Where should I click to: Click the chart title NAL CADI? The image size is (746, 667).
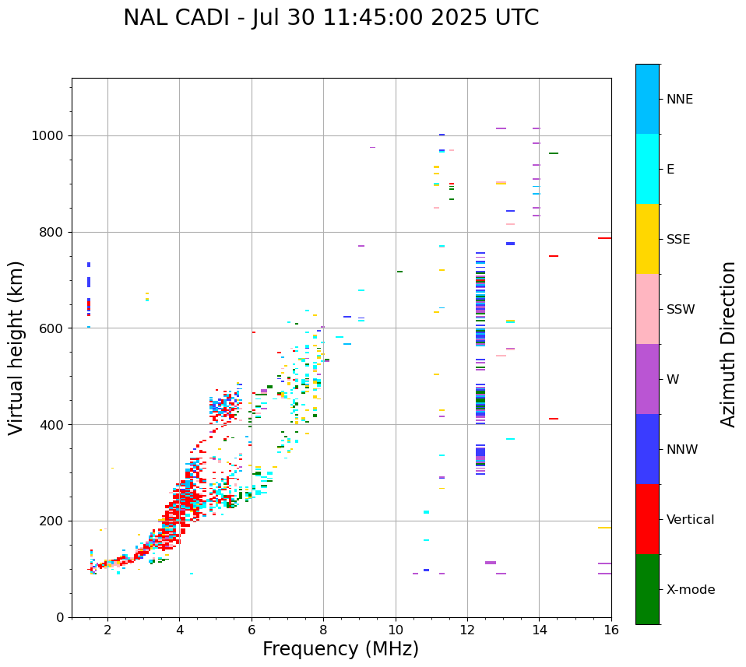tap(331, 18)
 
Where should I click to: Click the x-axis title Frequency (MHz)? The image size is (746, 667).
tap(340, 649)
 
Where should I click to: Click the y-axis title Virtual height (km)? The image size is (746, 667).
tap(16, 348)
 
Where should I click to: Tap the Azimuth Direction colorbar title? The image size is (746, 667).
tap(728, 344)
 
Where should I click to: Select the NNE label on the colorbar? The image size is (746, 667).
tap(679, 100)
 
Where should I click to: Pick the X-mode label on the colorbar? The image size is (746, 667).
tap(691, 590)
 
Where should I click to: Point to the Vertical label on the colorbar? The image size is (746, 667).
tap(690, 520)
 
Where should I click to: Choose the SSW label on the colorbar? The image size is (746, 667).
tap(681, 310)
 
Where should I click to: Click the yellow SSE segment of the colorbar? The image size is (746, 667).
tap(647, 239)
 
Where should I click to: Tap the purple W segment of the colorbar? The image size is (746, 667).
tap(647, 379)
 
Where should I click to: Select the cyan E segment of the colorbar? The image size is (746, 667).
tap(647, 169)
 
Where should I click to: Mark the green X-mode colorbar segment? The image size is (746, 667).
tap(647, 589)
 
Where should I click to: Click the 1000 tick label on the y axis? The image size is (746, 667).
tap(48, 136)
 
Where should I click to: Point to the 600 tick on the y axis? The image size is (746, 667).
tap(51, 328)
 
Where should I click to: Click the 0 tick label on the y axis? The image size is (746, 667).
tap(59, 617)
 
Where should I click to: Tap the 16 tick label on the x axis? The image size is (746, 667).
tap(611, 630)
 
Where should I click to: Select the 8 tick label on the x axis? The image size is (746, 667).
tap(323, 630)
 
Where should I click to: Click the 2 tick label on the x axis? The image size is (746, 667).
tap(107, 630)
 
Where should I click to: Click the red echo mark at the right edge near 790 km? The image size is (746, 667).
tap(604, 238)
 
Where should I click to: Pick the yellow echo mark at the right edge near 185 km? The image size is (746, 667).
tap(604, 528)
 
